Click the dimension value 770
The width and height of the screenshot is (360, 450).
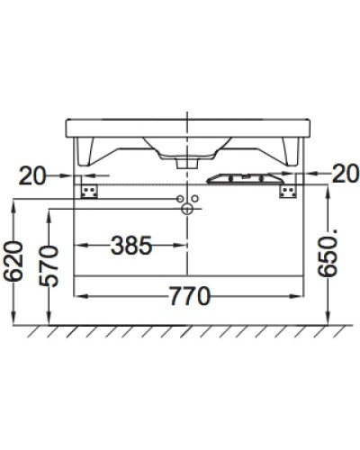[x=186, y=294]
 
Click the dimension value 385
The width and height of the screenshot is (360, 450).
[x=130, y=244]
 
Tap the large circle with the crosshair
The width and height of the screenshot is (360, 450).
[x=188, y=209]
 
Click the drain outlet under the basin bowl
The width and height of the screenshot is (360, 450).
[x=187, y=163]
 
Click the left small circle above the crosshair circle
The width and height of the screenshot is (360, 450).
[x=181, y=197]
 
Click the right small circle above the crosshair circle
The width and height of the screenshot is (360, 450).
[x=195, y=197]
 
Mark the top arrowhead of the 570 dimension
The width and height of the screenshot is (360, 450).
[x=51, y=213]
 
